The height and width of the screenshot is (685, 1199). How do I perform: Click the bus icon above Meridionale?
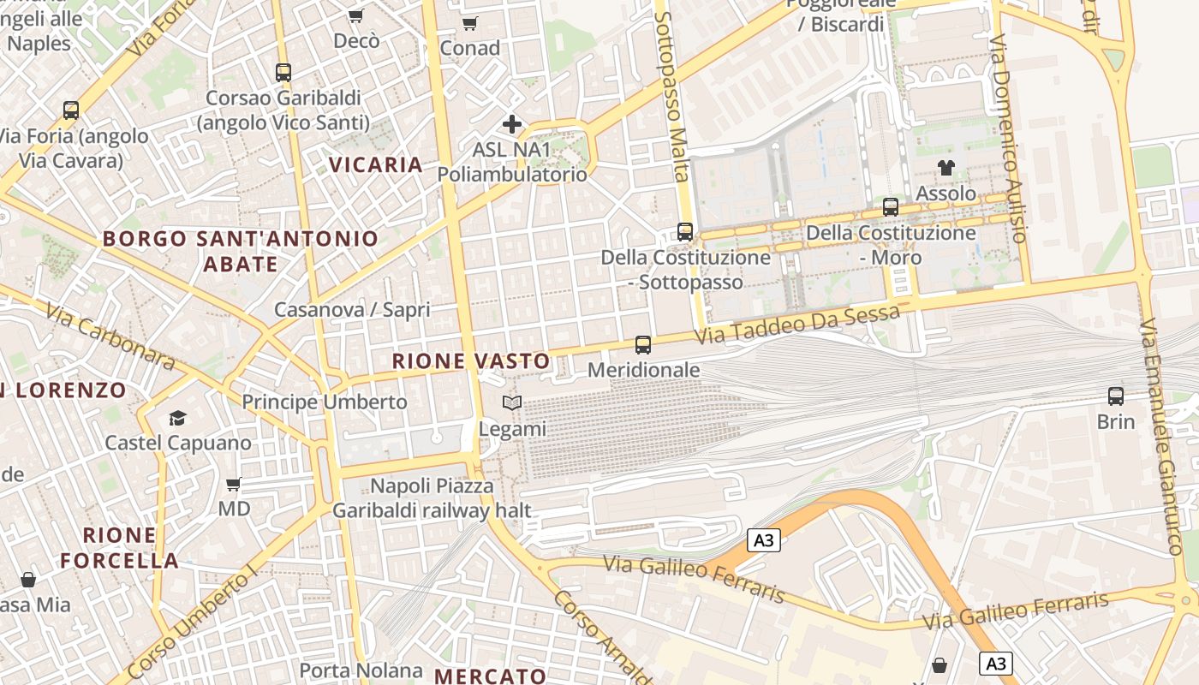643,345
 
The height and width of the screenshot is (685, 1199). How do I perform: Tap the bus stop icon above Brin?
1116,396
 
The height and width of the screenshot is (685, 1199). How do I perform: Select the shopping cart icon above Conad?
469,23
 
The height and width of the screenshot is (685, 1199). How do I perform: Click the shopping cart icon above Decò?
355,15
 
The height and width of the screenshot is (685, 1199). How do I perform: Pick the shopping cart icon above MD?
233,485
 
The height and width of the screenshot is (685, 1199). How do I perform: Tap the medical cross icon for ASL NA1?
512,124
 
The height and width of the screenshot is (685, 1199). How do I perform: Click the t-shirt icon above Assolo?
945,168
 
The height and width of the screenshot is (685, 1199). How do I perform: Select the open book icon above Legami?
512,402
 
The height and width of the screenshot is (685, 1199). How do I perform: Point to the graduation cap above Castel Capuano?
177,418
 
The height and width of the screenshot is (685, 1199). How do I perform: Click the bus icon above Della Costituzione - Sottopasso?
685,231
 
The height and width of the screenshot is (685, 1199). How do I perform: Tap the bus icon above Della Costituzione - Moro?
891,206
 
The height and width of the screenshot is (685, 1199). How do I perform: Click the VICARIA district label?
377,164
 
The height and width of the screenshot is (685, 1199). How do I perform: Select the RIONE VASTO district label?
471,361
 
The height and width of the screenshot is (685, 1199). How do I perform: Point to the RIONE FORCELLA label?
120,548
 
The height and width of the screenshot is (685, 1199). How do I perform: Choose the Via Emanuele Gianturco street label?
1161,437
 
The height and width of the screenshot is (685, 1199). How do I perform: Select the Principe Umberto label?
325,402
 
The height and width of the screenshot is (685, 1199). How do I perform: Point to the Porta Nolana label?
361,670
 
